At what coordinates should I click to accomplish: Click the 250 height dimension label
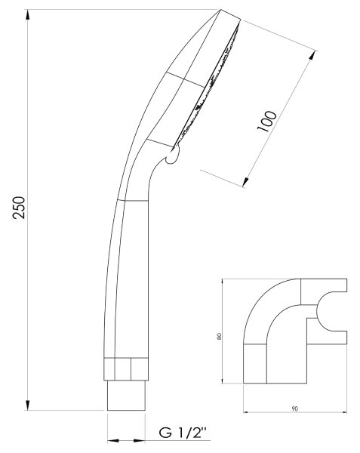[19, 208]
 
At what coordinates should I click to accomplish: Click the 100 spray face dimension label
[266, 121]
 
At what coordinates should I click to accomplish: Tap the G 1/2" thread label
[183, 433]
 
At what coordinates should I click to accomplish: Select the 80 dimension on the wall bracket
[219, 336]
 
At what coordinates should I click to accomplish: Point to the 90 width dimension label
[295, 408]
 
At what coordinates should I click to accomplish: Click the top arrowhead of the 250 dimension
[28, 14]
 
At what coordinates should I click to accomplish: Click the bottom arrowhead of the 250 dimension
[28, 405]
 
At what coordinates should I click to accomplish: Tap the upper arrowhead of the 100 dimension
[312, 55]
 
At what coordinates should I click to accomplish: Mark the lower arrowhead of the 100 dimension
[246, 181]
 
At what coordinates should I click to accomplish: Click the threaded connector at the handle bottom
[126, 395]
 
